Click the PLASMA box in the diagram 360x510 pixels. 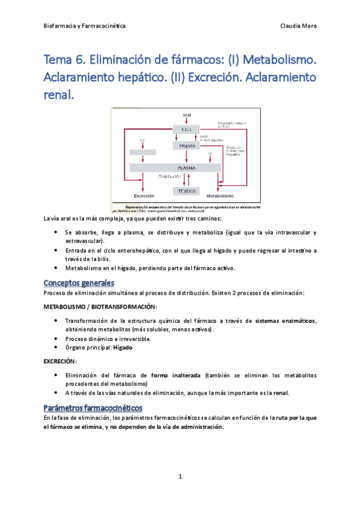click(x=185, y=168)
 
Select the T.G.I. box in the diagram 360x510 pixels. click(x=185, y=129)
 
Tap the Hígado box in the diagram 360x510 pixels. click(x=185, y=146)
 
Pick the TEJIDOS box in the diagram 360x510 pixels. click(x=185, y=191)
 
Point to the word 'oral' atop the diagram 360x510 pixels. click(x=185, y=114)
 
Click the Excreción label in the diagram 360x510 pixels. click(x=144, y=197)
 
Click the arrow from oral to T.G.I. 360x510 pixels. click(x=185, y=121)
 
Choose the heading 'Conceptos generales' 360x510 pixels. click(x=79, y=283)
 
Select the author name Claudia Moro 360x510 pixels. click(x=299, y=26)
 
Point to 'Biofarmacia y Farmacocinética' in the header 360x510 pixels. click(x=85, y=26)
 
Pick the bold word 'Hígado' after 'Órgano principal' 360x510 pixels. click(x=123, y=348)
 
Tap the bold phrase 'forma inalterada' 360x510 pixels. click(x=176, y=375)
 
